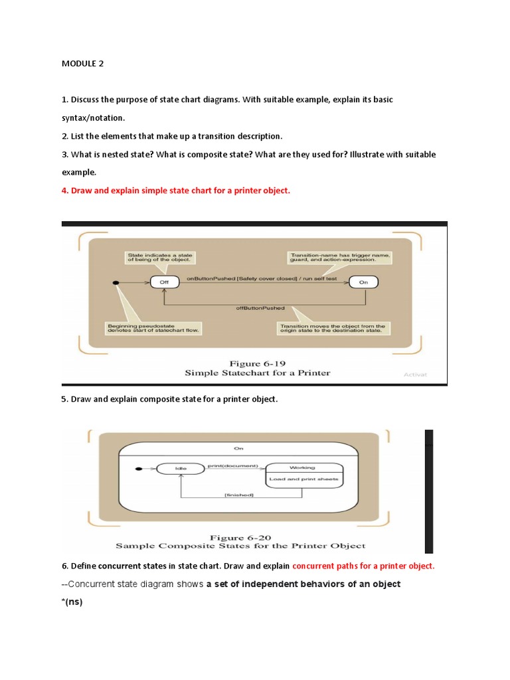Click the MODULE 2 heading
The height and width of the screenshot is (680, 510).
point(83,64)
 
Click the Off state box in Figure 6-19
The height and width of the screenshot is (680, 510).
point(163,282)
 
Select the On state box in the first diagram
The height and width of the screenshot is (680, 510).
point(364,282)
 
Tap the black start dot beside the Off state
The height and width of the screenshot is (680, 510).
point(117,283)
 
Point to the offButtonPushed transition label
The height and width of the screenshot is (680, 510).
point(260,308)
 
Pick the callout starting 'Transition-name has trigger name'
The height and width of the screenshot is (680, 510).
point(339,257)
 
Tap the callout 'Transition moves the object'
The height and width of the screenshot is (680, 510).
point(332,328)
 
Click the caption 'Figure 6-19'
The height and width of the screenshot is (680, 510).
point(256,363)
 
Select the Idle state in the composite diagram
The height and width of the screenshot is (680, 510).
point(181,468)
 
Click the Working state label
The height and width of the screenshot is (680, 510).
point(303,467)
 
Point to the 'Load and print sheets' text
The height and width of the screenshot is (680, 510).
point(303,479)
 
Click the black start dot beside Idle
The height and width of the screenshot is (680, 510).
point(137,469)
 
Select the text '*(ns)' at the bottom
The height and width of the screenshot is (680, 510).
point(72,603)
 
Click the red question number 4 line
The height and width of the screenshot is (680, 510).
point(176,191)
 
